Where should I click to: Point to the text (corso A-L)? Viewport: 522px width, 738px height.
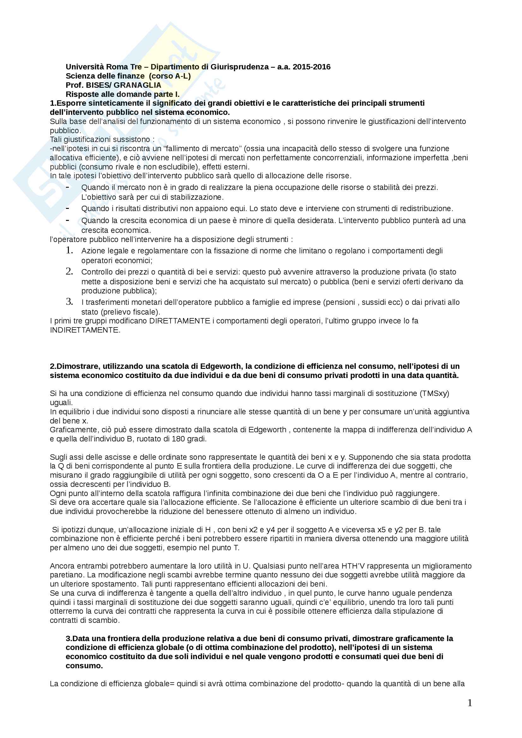point(170,76)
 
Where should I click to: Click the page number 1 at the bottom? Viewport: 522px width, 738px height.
point(470,703)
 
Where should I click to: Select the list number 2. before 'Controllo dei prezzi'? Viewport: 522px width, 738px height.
point(69,271)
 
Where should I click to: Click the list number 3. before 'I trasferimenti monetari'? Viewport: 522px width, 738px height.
point(69,302)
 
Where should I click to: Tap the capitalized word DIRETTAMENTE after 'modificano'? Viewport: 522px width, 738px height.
point(179,321)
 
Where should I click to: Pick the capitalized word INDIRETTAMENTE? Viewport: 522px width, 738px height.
point(85,330)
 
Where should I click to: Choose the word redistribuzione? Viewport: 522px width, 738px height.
point(425,209)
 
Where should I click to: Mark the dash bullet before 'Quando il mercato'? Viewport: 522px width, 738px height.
point(67,187)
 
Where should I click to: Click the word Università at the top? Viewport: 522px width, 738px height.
point(85,67)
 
